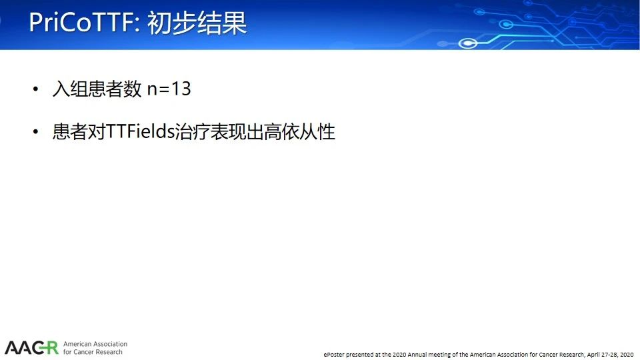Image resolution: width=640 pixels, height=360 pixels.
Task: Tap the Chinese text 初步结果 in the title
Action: click(197, 22)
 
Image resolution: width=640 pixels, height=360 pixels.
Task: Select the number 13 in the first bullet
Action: click(181, 89)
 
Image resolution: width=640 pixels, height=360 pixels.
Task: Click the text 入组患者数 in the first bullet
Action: click(97, 89)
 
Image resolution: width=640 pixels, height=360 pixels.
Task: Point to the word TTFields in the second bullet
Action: click(140, 131)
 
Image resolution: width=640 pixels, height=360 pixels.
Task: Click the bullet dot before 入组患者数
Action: click(35, 89)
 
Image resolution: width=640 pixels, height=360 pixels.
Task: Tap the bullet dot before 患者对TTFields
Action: click(35, 131)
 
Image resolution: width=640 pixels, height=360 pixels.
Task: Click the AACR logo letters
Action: click(31, 348)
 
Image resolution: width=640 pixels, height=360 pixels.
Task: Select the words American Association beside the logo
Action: click(95, 344)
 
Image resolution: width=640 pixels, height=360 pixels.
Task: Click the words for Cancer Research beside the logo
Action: click(93, 352)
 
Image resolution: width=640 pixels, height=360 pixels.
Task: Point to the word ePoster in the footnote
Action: click(334, 355)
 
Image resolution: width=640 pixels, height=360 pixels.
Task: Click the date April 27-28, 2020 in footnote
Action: click(610, 355)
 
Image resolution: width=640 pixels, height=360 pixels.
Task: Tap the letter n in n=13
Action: click(152, 90)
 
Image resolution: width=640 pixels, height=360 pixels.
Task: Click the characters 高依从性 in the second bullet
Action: click(299, 131)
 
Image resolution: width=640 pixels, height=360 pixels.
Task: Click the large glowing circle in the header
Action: click(468, 43)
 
